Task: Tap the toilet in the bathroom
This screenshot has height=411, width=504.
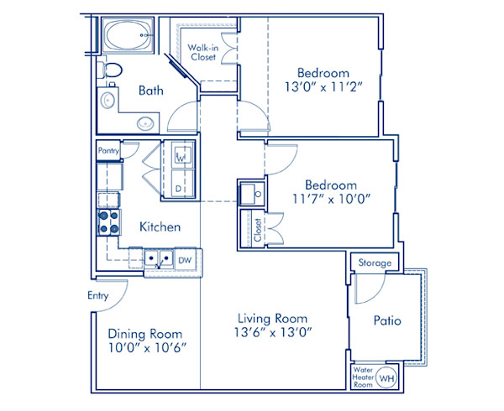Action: (110, 70)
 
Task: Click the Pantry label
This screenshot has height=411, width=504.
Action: (108, 151)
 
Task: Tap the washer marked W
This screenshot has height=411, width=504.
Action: (181, 156)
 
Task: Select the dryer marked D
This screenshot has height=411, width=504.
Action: (181, 189)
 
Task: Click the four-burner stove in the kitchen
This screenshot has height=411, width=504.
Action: (108, 222)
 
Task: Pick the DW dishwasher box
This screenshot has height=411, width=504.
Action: (184, 260)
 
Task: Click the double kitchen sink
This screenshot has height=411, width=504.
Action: (157, 260)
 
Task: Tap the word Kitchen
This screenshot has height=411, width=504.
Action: (159, 226)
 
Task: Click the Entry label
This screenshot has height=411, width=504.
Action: (97, 296)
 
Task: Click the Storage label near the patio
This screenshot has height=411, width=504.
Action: (375, 263)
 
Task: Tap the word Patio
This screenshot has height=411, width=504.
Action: (386, 320)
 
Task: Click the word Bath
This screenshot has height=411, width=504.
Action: (151, 91)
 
